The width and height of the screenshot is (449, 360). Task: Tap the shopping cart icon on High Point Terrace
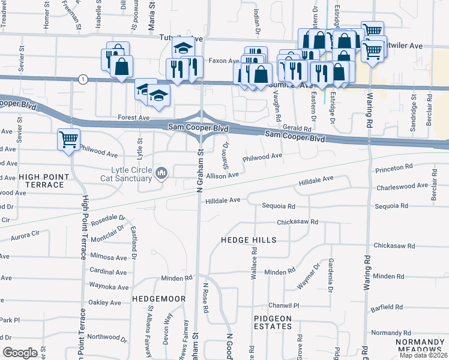(68, 140)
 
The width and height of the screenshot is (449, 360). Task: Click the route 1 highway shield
(82, 79)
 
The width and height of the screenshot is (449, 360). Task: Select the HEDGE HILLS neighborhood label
(249, 240)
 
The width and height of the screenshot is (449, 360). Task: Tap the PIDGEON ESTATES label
(273, 322)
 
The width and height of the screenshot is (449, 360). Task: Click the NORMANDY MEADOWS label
(420, 346)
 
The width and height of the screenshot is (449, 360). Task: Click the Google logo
(20, 353)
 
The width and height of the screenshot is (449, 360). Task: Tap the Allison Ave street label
(222, 175)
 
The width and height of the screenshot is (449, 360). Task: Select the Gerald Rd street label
(298, 128)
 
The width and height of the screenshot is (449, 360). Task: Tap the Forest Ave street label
(133, 118)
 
